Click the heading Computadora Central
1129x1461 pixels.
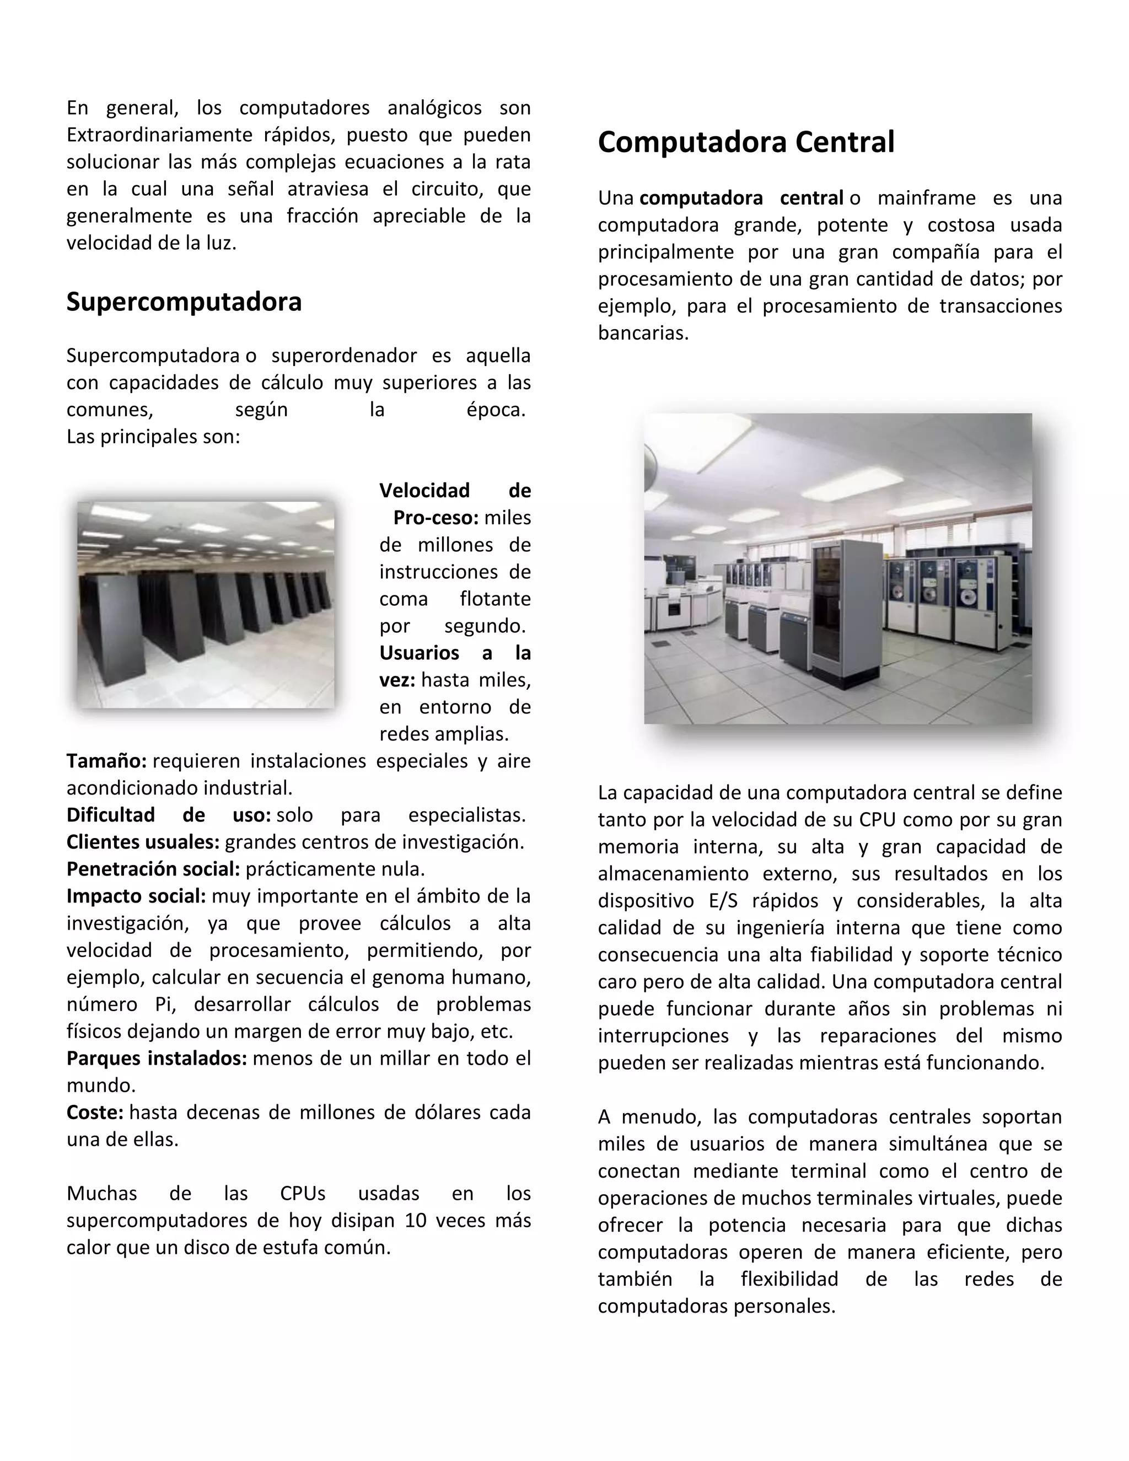746,142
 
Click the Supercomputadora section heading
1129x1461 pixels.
184,302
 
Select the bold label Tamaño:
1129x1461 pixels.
106,761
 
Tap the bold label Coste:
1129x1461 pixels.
95,1113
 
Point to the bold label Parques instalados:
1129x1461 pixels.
157,1059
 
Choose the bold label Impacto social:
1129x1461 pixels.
136,896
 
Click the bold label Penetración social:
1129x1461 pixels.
153,869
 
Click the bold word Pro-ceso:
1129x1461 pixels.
436,518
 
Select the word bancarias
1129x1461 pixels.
642,333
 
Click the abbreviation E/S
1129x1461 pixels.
723,901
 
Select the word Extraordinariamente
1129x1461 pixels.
159,135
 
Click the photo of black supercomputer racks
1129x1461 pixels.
206,605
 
